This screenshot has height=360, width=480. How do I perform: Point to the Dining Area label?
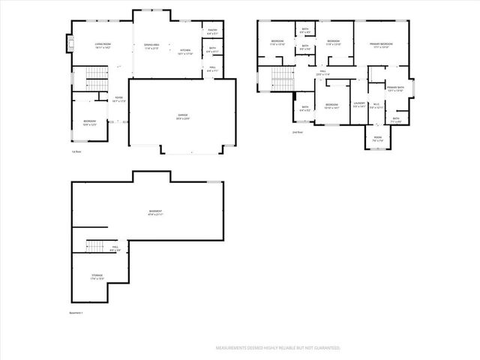151,46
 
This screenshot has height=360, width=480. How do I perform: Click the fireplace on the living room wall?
71,44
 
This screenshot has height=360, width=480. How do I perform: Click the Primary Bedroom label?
381,46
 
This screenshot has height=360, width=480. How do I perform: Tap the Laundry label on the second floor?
358,104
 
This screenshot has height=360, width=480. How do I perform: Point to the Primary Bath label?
395,89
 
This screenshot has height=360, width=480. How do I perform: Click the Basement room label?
156,213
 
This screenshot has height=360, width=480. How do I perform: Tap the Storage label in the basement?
97,277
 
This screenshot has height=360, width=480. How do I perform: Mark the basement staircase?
94,246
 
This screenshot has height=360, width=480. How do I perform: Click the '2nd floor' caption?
298,132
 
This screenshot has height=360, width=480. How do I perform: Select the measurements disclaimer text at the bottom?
278,348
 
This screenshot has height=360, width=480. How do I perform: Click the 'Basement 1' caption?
76,313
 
